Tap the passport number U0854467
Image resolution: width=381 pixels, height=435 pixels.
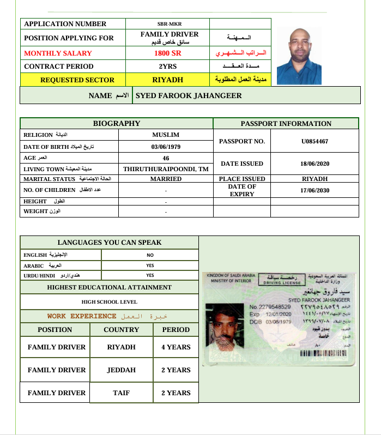point(315,141)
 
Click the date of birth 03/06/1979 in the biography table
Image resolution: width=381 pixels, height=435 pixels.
point(166,147)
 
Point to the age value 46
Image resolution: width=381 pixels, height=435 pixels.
point(166,158)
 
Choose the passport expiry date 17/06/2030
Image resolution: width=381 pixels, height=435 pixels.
point(315,190)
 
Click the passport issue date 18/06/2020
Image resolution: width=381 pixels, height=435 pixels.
point(315,164)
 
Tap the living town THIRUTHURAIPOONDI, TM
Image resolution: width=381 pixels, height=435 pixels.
point(166,169)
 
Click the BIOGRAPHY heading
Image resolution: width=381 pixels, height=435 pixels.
point(116,123)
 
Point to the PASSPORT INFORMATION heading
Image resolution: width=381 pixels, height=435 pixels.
point(286,123)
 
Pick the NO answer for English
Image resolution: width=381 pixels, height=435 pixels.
point(150,255)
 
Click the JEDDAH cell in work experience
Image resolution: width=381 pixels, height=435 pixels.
point(121,370)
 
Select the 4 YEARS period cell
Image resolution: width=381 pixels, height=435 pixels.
point(176,347)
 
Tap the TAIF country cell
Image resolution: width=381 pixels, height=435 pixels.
point(121,392)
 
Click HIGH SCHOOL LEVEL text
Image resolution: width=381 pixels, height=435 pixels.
point(109,301)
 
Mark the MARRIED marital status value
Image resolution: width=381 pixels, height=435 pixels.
point(166,179)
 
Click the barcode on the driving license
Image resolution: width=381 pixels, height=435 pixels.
point(323,353)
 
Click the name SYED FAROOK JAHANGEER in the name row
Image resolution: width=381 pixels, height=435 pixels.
point(189,95)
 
